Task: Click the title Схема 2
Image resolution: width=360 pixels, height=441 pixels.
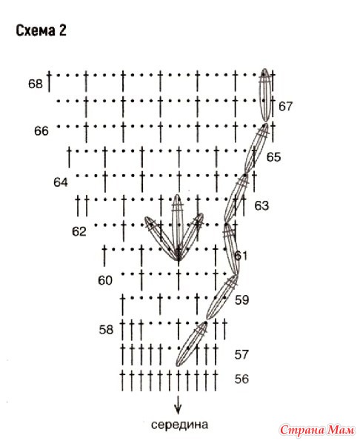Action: pyautogui.click(x=41, y=30)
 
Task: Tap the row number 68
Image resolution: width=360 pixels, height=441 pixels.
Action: pyautogui.click(x=36, y=84)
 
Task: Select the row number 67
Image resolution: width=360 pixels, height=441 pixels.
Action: pyautogui.click(x=285, y=106)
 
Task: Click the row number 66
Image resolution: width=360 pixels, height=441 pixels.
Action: pyautogui.click(x=41, y=131)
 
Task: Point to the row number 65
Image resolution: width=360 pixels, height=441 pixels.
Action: pyautogui.click(x=274, y=157)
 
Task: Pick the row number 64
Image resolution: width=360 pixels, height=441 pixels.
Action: pyautogui.click(x=61, y=182)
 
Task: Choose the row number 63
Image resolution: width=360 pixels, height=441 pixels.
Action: pyautogui.click(x=261, y=205)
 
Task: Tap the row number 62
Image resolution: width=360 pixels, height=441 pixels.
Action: pyautogui.click(x=79, y=231)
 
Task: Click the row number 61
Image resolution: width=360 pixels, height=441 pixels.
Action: pyautogui.click(x=241, y=256)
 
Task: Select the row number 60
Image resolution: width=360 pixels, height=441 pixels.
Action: pyautogui.click(x=105, y=280)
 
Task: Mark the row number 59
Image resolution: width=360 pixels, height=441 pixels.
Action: pyautogui.click(x=242, y=300)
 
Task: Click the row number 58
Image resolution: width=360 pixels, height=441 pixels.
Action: pyautogui.click(x=106, y=329)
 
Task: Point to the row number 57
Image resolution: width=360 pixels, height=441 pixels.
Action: pyautogui.click(x=241, y=354)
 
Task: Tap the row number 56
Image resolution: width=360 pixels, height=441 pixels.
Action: pyautogui.click(x=241, y=379)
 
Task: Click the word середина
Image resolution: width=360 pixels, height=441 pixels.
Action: pyautogui.click(x=180, y=425)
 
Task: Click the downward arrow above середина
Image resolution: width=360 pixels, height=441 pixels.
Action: pyautogui.click(x=178, y=404)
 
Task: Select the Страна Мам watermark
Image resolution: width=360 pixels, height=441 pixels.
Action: pyautogui.click(x=317, y=430)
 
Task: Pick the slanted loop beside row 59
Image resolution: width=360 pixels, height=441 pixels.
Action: pyautogui.click(x=222, y=297)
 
